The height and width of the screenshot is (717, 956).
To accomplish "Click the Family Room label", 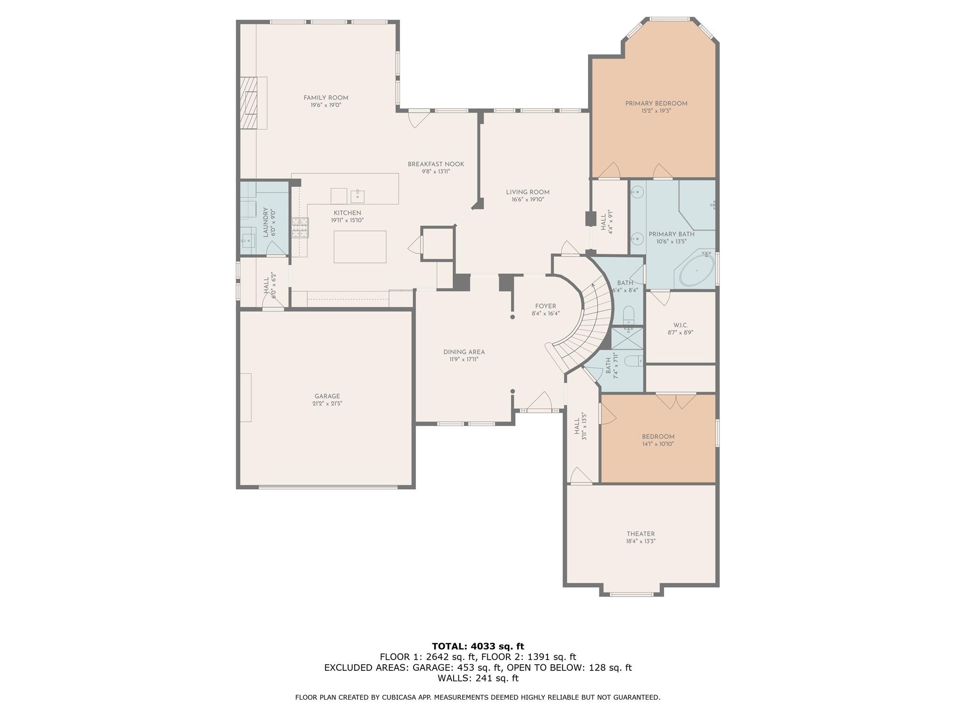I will (x=326, y=98).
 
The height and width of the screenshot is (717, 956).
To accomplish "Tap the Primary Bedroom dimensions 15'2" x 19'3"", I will (x=656, y=111).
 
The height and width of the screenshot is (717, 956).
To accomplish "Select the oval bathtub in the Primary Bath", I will (x=696, y=271).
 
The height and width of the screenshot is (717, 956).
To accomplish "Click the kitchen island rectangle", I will (x=360, y=246).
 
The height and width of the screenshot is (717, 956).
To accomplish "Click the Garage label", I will (x=327, y=396).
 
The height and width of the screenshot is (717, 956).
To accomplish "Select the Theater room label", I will (x=640, y=534).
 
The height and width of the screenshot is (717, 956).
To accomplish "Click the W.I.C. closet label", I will (x=681, y=325).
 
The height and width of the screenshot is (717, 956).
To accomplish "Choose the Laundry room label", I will (x=265, y=222).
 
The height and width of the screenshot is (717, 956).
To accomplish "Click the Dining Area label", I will (x=464, y=352).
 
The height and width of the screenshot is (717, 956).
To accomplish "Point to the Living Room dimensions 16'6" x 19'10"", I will (x=528, y=200).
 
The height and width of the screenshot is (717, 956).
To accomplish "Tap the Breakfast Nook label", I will (x=436, y=164).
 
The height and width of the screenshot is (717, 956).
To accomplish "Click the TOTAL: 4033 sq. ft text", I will (x=478, y=646).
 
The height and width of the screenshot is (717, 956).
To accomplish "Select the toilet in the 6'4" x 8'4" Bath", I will (x=628, y=314).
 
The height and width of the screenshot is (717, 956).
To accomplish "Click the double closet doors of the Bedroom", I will (x=676, y=401).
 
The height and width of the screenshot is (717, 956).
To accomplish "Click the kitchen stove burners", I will (x=300, y=228).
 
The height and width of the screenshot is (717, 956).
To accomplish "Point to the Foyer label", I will (x=545, y=306).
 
